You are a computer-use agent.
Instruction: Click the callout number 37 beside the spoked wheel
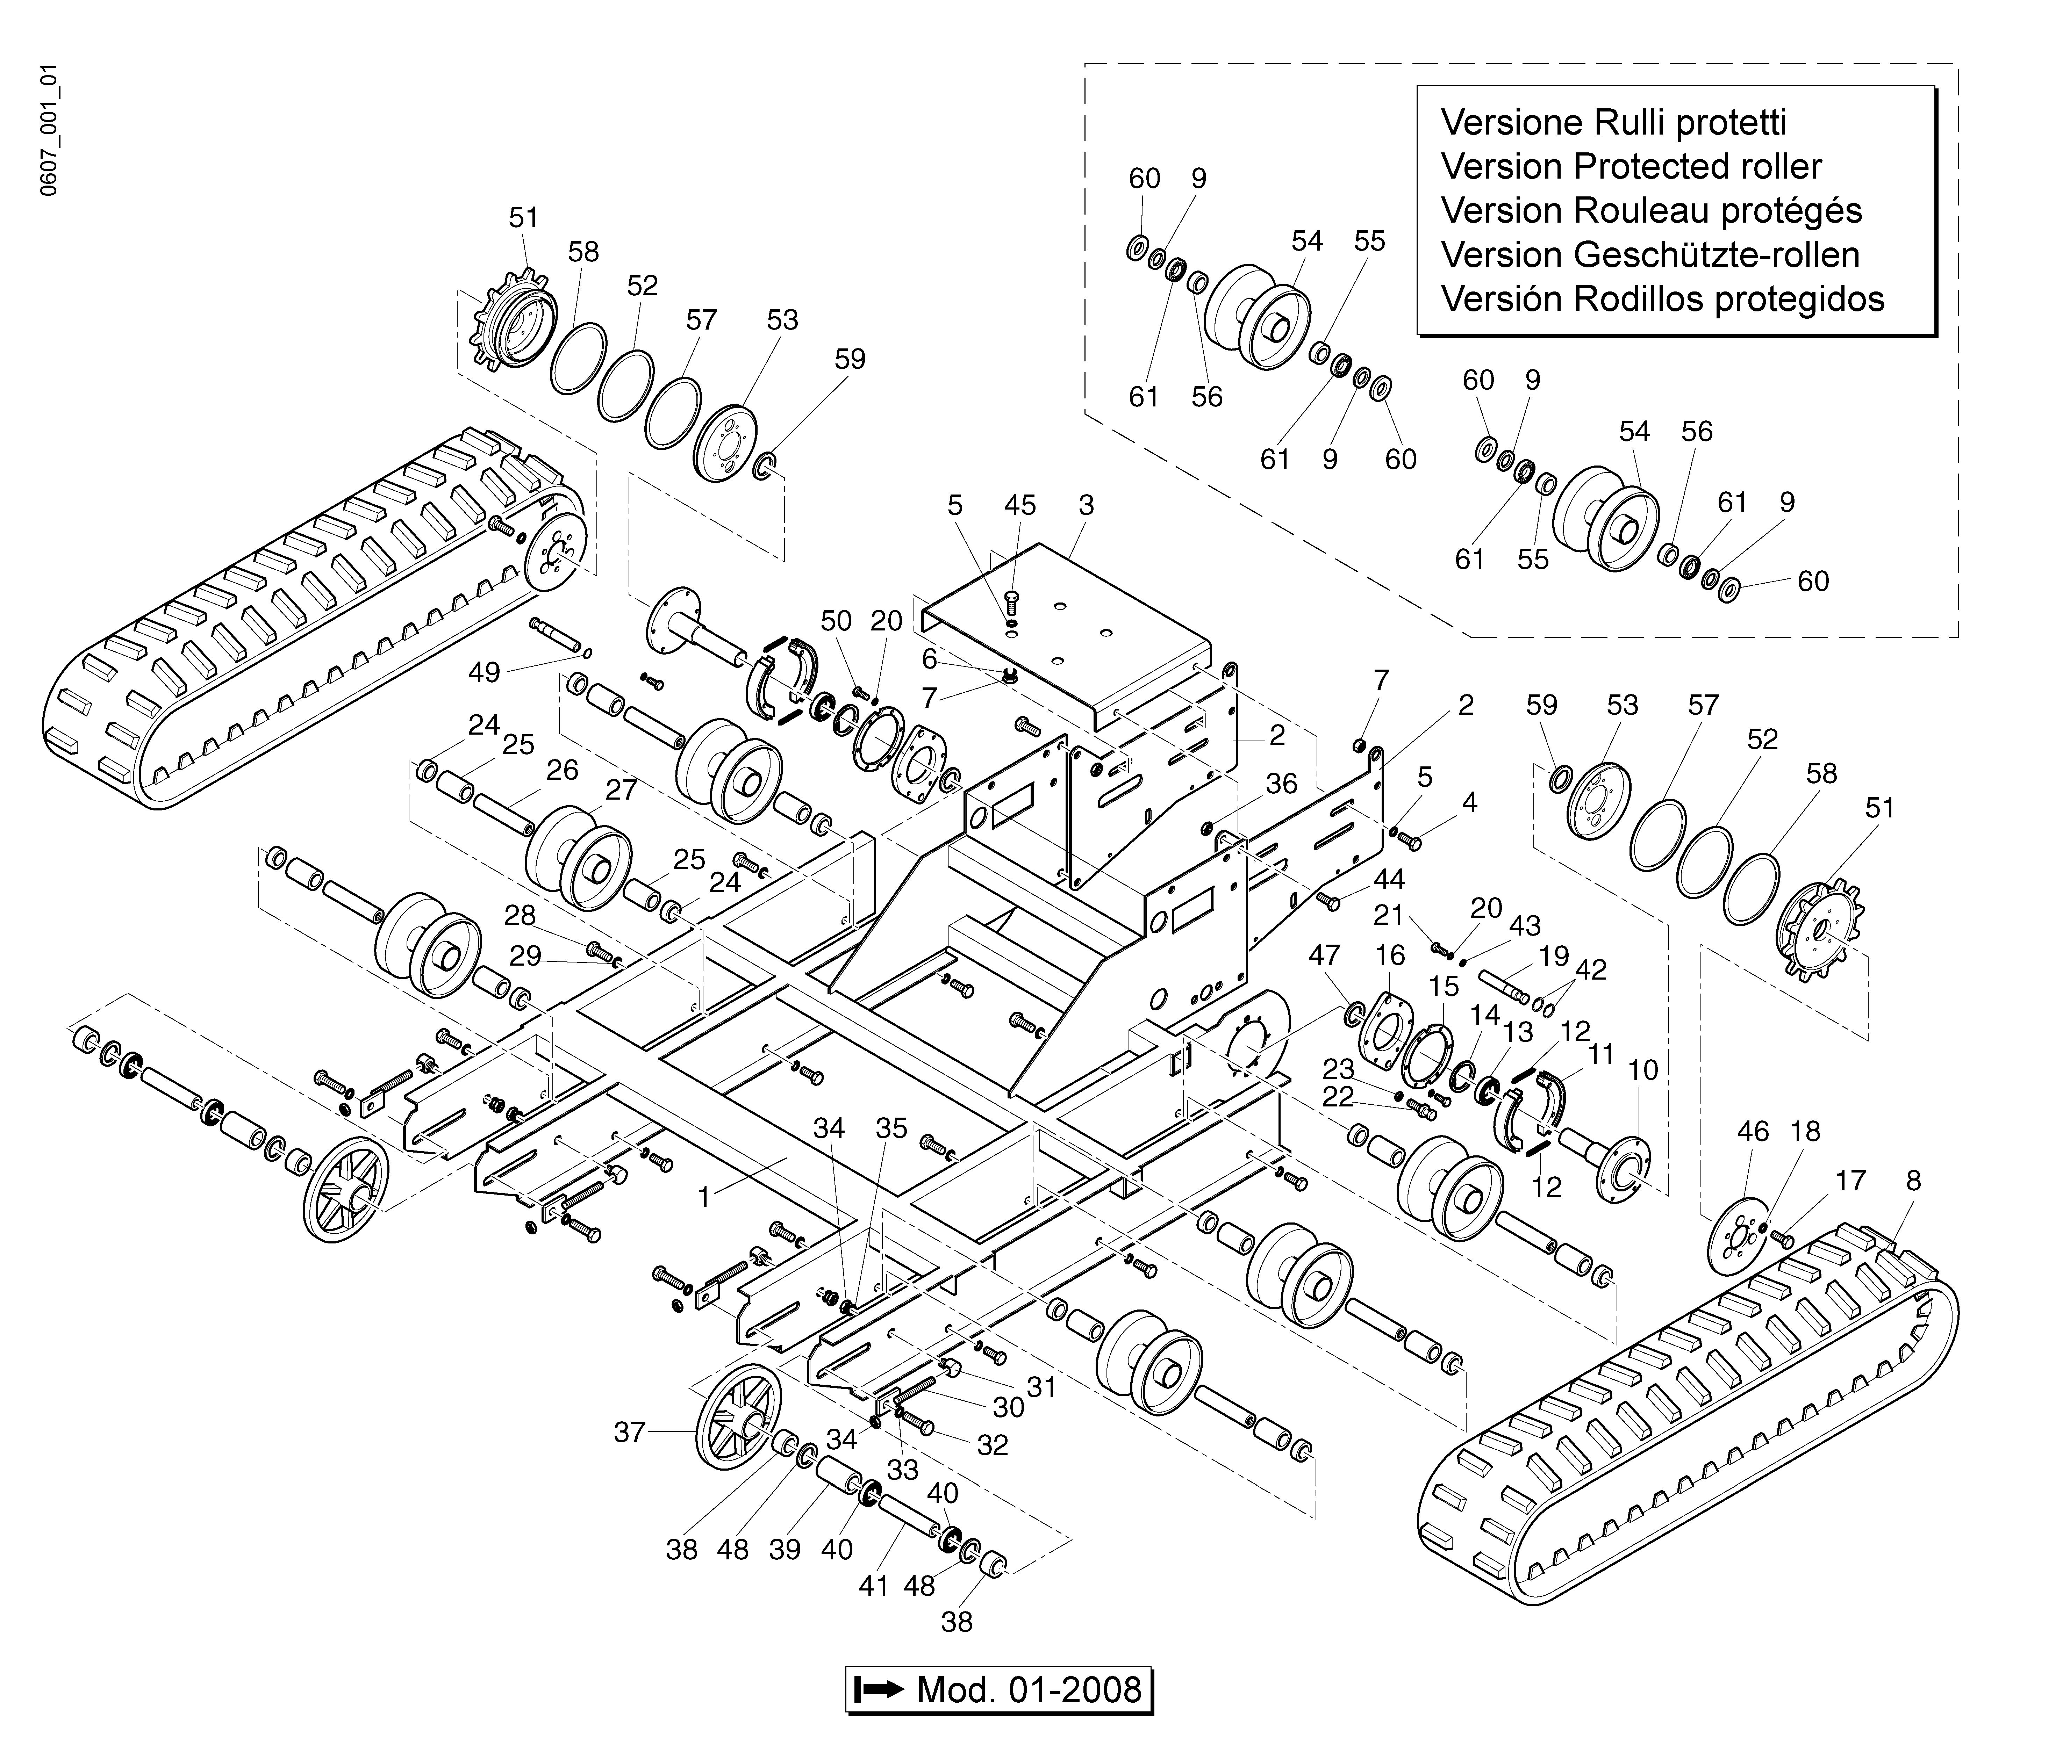[x=630, y=1432]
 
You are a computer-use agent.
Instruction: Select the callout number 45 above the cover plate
[x=1020, y=506]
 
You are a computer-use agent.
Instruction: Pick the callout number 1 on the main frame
[x=704, y=1198]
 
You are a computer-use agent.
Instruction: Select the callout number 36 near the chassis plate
[x=1281, y=784]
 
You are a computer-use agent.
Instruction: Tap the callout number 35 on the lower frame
[x=891, y=1128]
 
